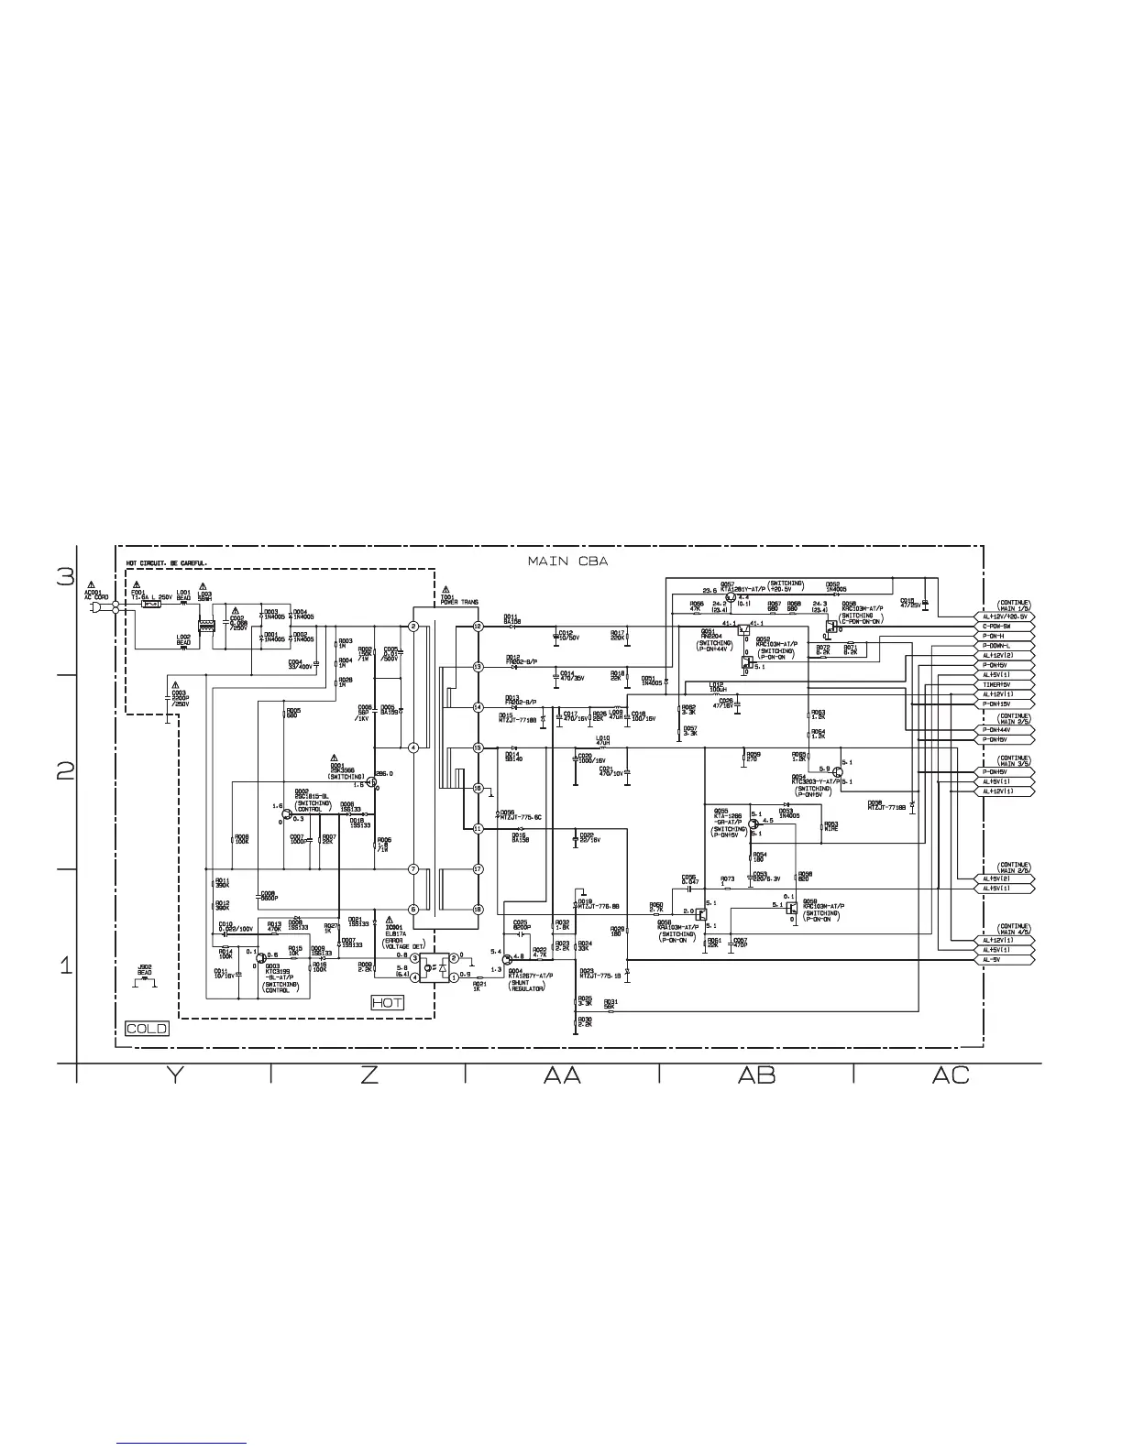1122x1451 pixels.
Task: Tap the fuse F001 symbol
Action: click(x=153, y=605)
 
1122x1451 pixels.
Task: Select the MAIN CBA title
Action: click(x=567, y=561)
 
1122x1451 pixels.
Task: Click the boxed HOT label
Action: click(x=387, y=1003)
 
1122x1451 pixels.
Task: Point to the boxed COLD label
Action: click(x=147, y=1029)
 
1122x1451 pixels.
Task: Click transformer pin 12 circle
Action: click(x=478, y=626)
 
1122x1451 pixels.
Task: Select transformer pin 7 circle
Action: click(x=413, y=868)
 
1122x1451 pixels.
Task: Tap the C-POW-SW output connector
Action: click(x=1005, y=627)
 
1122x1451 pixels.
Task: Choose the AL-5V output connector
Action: click(x=1005, y=960)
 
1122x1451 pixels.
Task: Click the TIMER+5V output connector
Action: click(x=1005, y=684)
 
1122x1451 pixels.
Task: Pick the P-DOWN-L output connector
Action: click(x=1005, y=646)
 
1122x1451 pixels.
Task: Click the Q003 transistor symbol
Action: click(x=261, y=955)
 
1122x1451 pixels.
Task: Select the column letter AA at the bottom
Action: click(x=562, y=1075)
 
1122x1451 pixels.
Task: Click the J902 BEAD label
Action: click(x=145, y=969)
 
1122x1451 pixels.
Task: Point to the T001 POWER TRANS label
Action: click(x=459, y=599)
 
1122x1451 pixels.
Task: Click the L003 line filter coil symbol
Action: click(x=208, y=627)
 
